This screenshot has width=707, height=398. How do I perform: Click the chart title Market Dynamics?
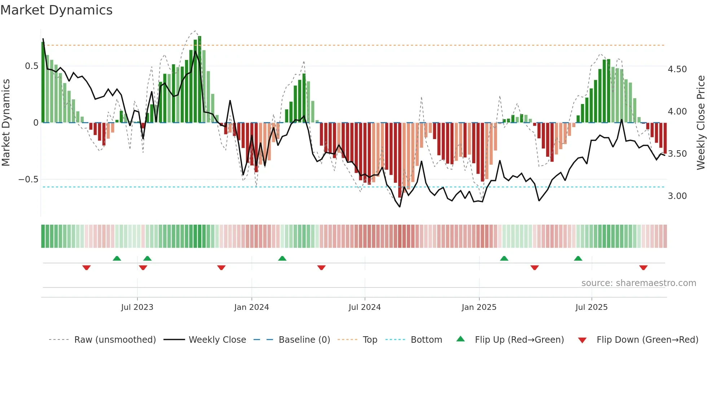pos(57,10)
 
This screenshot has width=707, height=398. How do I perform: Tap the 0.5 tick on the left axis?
pos(31,66)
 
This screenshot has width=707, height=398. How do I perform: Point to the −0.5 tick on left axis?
pos(28,179)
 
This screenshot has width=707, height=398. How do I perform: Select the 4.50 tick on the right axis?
pos(677,69)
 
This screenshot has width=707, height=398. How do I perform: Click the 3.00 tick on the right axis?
pos(677,196)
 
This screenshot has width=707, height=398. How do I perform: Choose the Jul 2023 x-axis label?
pos(137,307)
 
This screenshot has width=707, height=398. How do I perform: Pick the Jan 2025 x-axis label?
pos(479,307)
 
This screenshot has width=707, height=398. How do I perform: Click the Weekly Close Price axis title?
pos(701,123)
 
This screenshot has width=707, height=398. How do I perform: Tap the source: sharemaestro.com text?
pos(638,283)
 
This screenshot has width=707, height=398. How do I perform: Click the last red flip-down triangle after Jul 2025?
pos(643,268)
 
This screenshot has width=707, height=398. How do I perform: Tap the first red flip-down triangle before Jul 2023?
pos(86,268)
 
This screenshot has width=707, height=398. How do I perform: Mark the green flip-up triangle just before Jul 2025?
pos(578,258)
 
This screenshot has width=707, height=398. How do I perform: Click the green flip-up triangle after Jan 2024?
pos(282,258)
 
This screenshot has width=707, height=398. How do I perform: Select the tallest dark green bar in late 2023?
pos(199,79)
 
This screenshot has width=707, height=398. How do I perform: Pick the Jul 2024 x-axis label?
pos(364,307)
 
